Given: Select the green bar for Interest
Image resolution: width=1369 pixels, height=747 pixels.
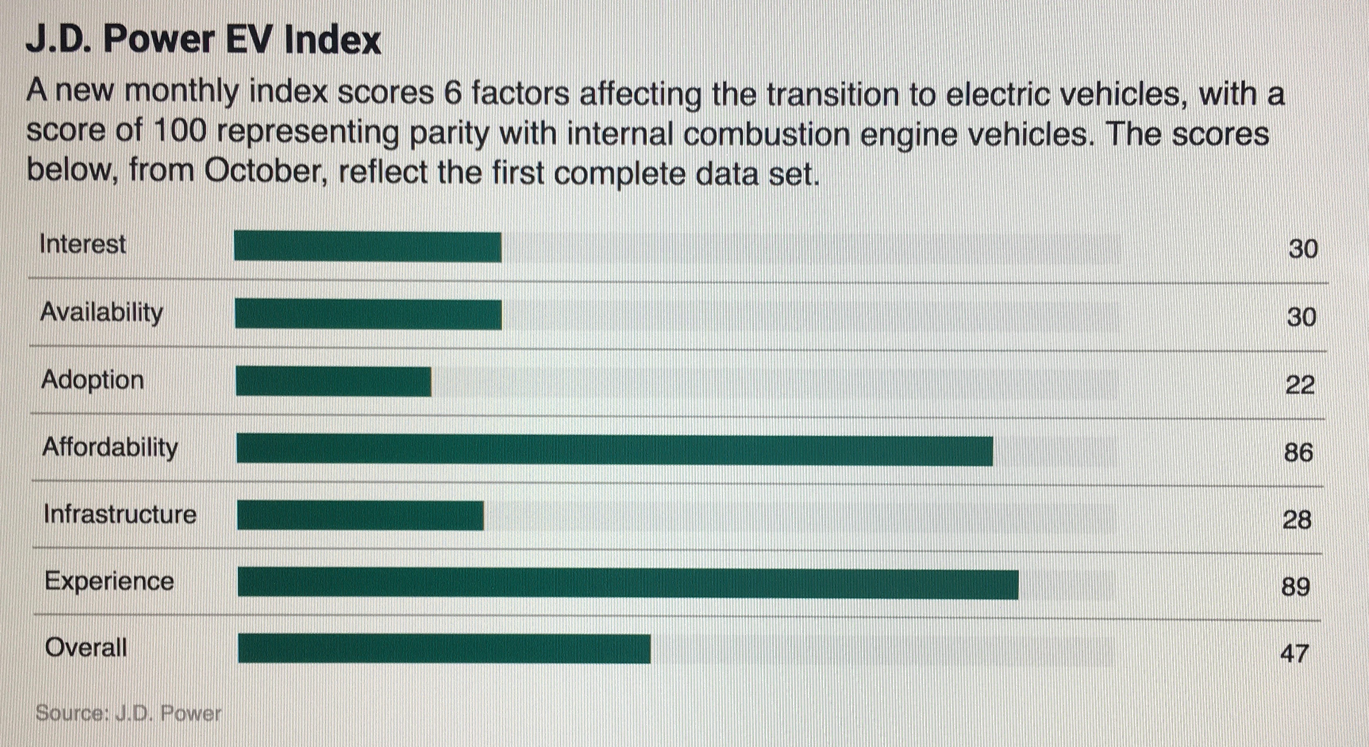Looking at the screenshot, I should pos(367,247).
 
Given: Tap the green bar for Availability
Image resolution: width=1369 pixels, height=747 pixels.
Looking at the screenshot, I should pos(368,314).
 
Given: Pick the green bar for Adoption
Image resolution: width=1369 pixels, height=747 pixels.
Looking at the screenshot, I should pos(333,381).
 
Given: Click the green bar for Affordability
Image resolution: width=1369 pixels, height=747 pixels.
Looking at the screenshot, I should pos(614,449).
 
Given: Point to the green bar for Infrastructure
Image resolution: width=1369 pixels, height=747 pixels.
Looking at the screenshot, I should pos(360,515).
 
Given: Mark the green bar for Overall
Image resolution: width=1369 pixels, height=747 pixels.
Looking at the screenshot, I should pos(444,649).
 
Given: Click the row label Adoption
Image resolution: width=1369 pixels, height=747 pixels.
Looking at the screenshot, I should pos(92,380).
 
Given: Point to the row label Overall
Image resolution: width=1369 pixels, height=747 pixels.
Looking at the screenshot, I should pos(86,648).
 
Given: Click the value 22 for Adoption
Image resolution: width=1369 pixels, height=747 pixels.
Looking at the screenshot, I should pos(1300,385).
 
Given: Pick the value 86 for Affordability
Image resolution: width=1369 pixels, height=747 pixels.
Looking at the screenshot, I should pos(1298,452).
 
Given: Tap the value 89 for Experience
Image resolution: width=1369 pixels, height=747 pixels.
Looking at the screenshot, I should pos(1296,587).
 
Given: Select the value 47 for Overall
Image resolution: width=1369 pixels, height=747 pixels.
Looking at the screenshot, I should pos(1294,653).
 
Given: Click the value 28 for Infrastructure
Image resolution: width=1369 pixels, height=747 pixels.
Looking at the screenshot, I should pos(1297,520).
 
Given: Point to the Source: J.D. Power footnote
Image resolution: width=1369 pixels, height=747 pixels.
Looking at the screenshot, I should pos(128,713).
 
